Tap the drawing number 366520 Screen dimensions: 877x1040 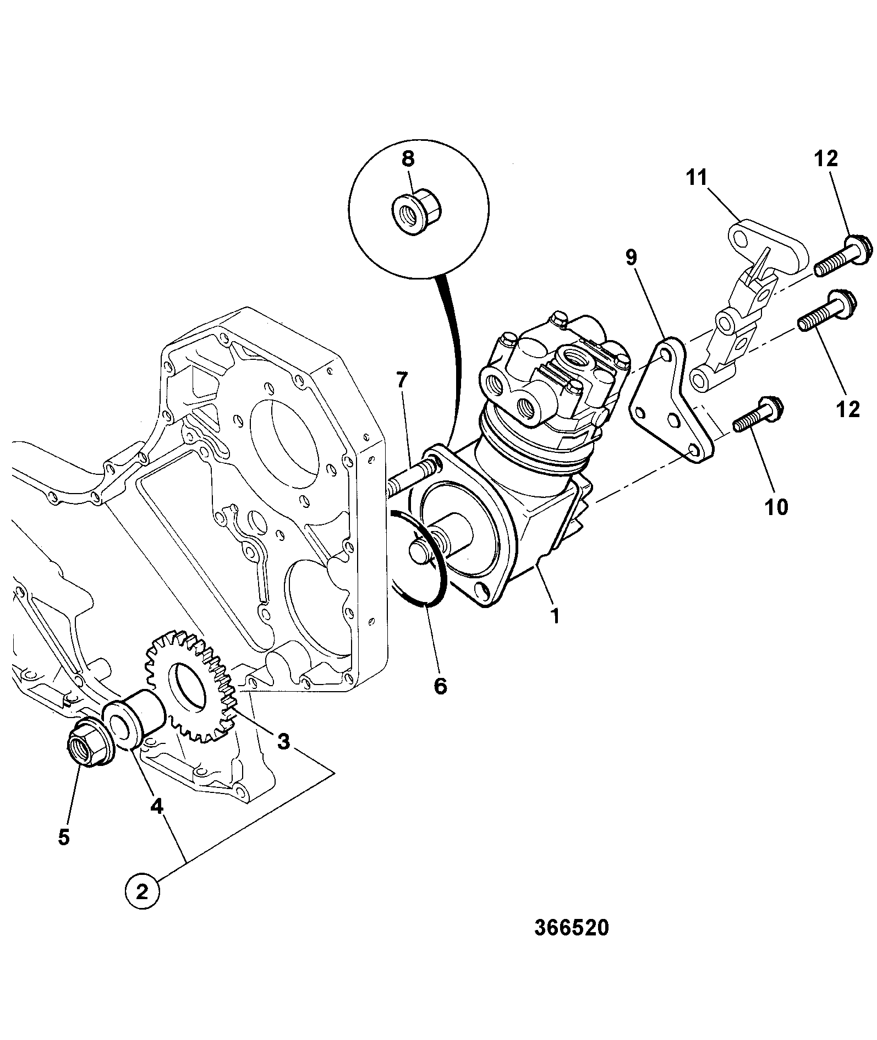[x=572, y=928]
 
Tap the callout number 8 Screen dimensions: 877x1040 [x=408, y=160]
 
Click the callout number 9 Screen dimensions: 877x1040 [x=631, y=257]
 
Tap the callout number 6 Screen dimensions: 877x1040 [x=441, y=686]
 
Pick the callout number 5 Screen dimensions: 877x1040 [x=64, y=837]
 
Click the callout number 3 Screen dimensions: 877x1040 [x=283, y=741]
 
